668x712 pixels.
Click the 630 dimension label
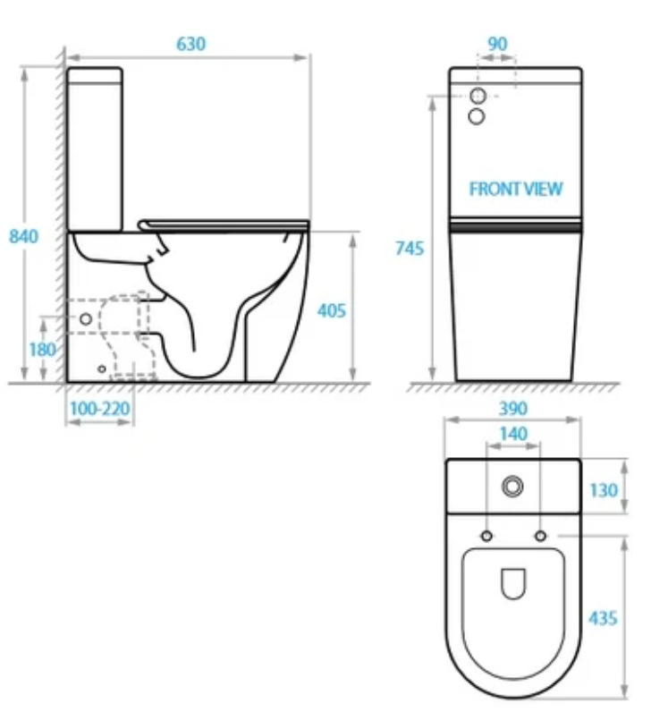[x=190, y=44]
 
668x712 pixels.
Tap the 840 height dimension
[x=23, y=236]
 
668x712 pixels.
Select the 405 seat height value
[x=332, y=311]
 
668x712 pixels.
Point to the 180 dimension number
[x=42, y=350]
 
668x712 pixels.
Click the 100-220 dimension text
[x=100, y=409]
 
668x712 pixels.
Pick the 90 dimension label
[x=497, y=44]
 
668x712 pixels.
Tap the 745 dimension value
[x=410, y=249]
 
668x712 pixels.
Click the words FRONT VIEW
[x=516, y=189]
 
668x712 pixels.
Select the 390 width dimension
[x=513, y=409]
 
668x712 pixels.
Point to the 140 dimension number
[x=513, y=434]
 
